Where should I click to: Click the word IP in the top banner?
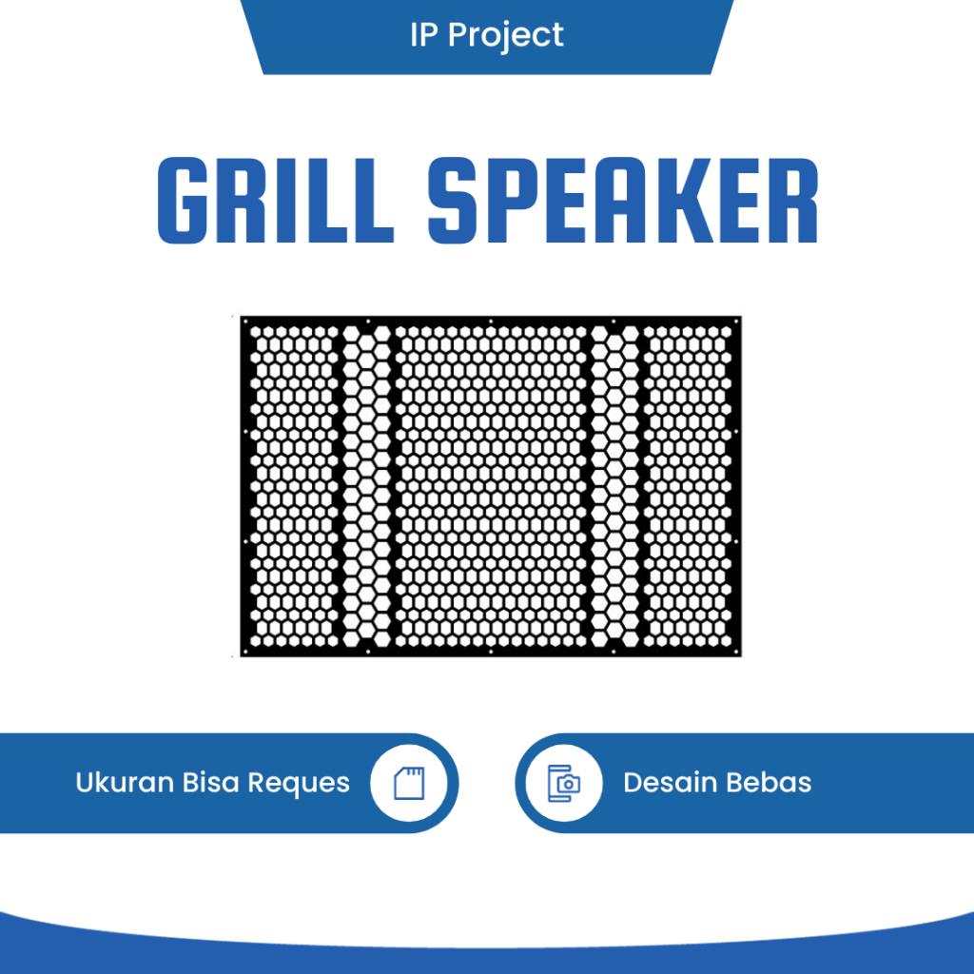point(424,35)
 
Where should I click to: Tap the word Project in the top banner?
point(506,36)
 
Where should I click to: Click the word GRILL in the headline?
point(275,202)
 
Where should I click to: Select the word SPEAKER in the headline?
point(623,202)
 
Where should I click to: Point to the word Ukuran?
point(124,783)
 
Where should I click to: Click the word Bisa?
point(211,783)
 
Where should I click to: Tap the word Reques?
point(299,784)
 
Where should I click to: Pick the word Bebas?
point(769,783)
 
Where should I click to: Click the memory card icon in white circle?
point(408,783)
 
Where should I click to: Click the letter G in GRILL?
point(185,202)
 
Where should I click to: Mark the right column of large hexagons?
point(615,487)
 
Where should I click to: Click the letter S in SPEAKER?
point(455,202)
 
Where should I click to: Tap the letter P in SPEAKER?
point(510,202)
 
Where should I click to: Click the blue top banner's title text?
point(486,36)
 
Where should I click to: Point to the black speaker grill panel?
point(490,487)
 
